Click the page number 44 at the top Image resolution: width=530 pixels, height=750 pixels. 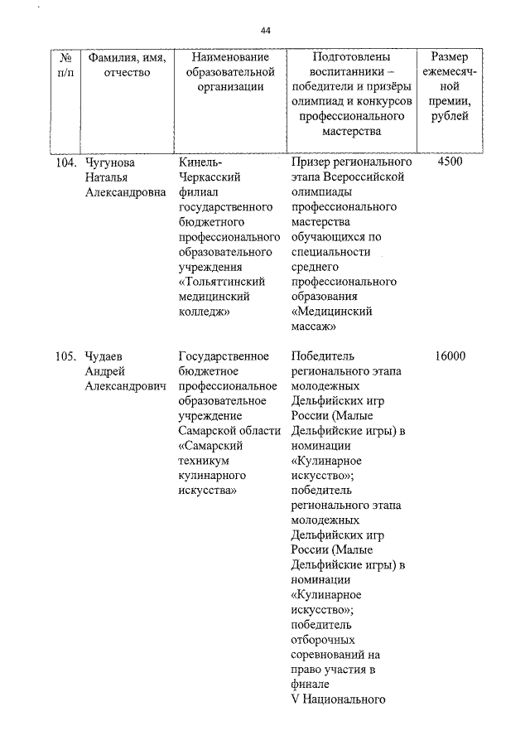point(265,31)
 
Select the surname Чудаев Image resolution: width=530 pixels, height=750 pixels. point(105,356)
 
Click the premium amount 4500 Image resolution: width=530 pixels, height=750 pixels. point(449,162)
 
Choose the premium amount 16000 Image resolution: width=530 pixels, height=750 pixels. point(449,356)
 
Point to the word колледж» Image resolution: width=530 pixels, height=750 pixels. point(203,312)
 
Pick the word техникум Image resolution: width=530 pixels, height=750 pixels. point(205,461)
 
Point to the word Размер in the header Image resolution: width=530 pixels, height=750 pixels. point(449,57)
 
